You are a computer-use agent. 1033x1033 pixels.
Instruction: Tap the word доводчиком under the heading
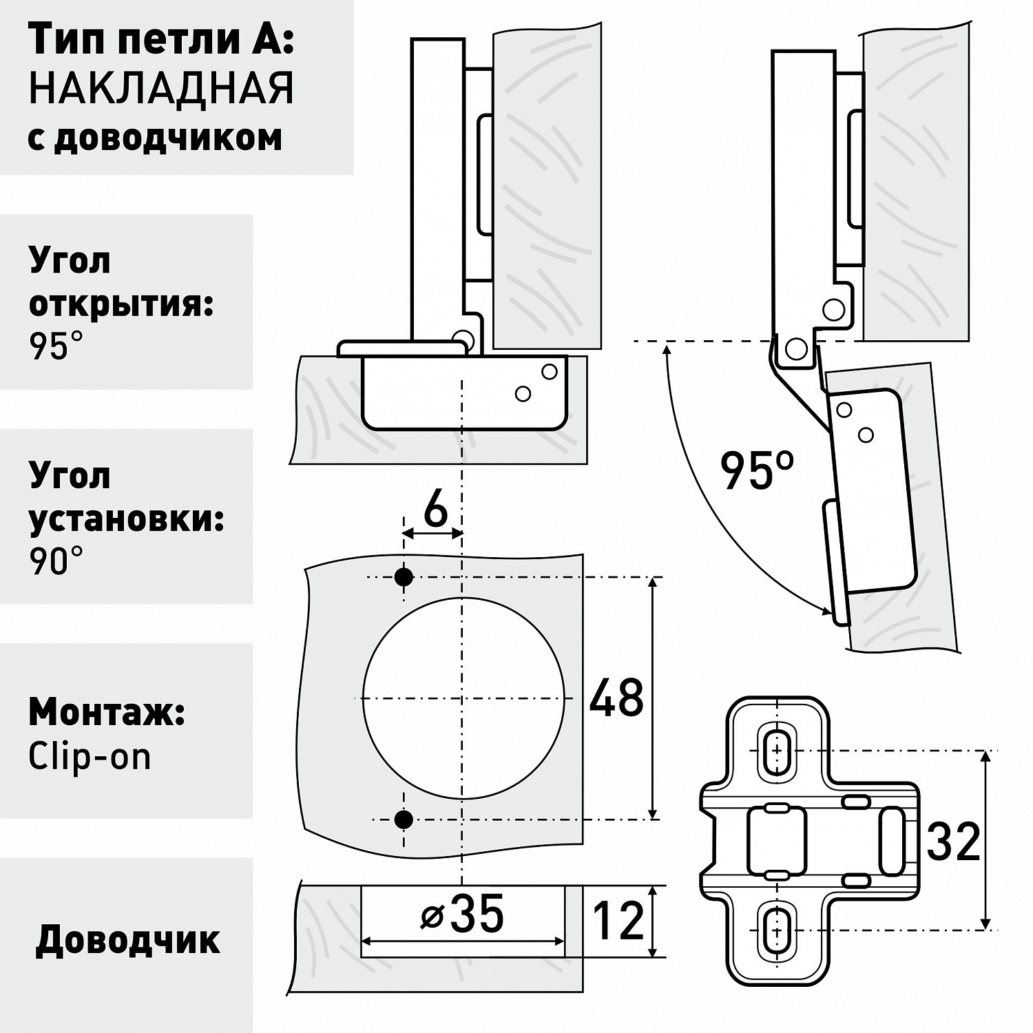click(167, 137)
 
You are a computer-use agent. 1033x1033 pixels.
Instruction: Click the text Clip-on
click(89, 758)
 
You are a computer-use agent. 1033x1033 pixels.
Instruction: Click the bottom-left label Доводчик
click(128, 939)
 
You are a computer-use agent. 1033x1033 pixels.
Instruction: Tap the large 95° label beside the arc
click(756, 470)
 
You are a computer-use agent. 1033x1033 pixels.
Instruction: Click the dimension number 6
click(435, 511)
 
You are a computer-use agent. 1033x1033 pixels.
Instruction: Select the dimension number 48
click(616, 697)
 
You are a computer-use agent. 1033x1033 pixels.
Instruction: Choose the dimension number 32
click(953, 841)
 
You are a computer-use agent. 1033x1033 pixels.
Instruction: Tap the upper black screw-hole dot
click(404, 577)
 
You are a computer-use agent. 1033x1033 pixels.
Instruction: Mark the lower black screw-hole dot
click(404, 819)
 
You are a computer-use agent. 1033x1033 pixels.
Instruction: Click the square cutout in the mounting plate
click(777, 839)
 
